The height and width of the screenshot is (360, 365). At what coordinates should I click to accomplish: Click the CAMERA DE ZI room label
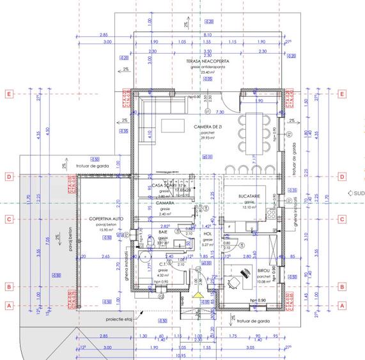click(207, 127)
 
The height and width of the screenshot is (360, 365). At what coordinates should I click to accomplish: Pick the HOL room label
click(207, 234)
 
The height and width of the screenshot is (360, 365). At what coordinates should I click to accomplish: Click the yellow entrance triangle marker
click(199, 295)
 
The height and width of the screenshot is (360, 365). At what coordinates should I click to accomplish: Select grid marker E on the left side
click(9, 94)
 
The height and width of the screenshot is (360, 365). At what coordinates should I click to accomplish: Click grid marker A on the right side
click(342, 306)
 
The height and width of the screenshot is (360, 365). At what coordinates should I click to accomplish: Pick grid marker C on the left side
click(9, 219)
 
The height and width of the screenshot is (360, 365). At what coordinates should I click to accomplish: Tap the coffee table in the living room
click(171, 125)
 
